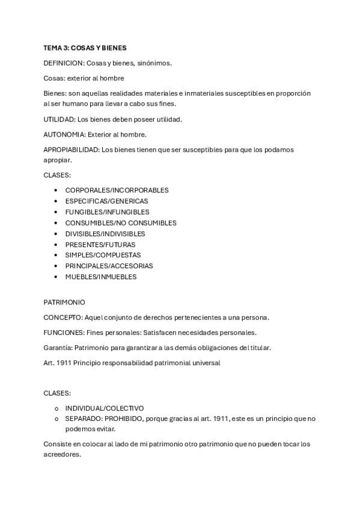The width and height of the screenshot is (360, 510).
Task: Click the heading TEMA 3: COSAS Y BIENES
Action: tap(85, 48)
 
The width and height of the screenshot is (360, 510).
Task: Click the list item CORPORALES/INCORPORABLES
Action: tap(117, 190)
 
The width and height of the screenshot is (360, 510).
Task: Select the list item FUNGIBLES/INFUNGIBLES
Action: tap(107, 212)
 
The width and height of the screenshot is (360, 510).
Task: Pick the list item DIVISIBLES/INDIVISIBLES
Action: tap(105, 233)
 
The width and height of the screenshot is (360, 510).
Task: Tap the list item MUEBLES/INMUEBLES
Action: tap(100, 277)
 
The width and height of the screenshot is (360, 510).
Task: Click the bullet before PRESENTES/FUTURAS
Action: tap(56, 245)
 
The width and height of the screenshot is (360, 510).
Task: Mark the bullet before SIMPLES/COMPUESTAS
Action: tap(56, 255)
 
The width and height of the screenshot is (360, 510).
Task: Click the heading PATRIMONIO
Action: tap(64, 302)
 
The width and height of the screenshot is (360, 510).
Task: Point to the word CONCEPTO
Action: tap(63, 317)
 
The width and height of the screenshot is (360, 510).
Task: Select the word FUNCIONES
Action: tap(63, 332)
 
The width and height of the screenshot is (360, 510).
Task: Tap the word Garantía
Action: tap(58, 348)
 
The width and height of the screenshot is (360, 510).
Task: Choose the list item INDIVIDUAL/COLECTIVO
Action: tap(104, 408)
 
